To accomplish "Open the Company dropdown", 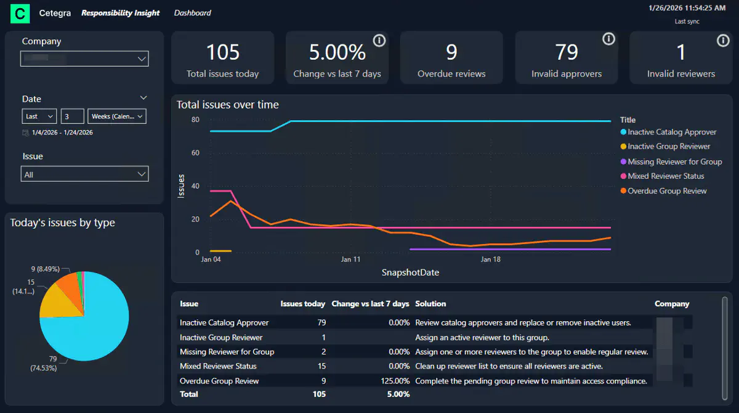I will [84, 59].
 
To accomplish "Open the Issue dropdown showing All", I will [84, 174].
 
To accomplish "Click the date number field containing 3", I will [72, 116].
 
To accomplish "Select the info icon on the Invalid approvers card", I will [608, 39].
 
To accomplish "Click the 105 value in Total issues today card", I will [222, 52].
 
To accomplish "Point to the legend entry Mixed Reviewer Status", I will [666, 176].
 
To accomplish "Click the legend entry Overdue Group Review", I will [667, 191].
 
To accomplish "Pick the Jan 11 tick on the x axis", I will [350, 260].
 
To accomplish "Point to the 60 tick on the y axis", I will [195, 153].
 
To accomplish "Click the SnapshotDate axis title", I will [410, 272].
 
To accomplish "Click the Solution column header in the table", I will [430, 304].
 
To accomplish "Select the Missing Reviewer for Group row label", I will [227, 352].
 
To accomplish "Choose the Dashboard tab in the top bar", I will [192, 13].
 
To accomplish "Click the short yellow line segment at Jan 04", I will [220, 251].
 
